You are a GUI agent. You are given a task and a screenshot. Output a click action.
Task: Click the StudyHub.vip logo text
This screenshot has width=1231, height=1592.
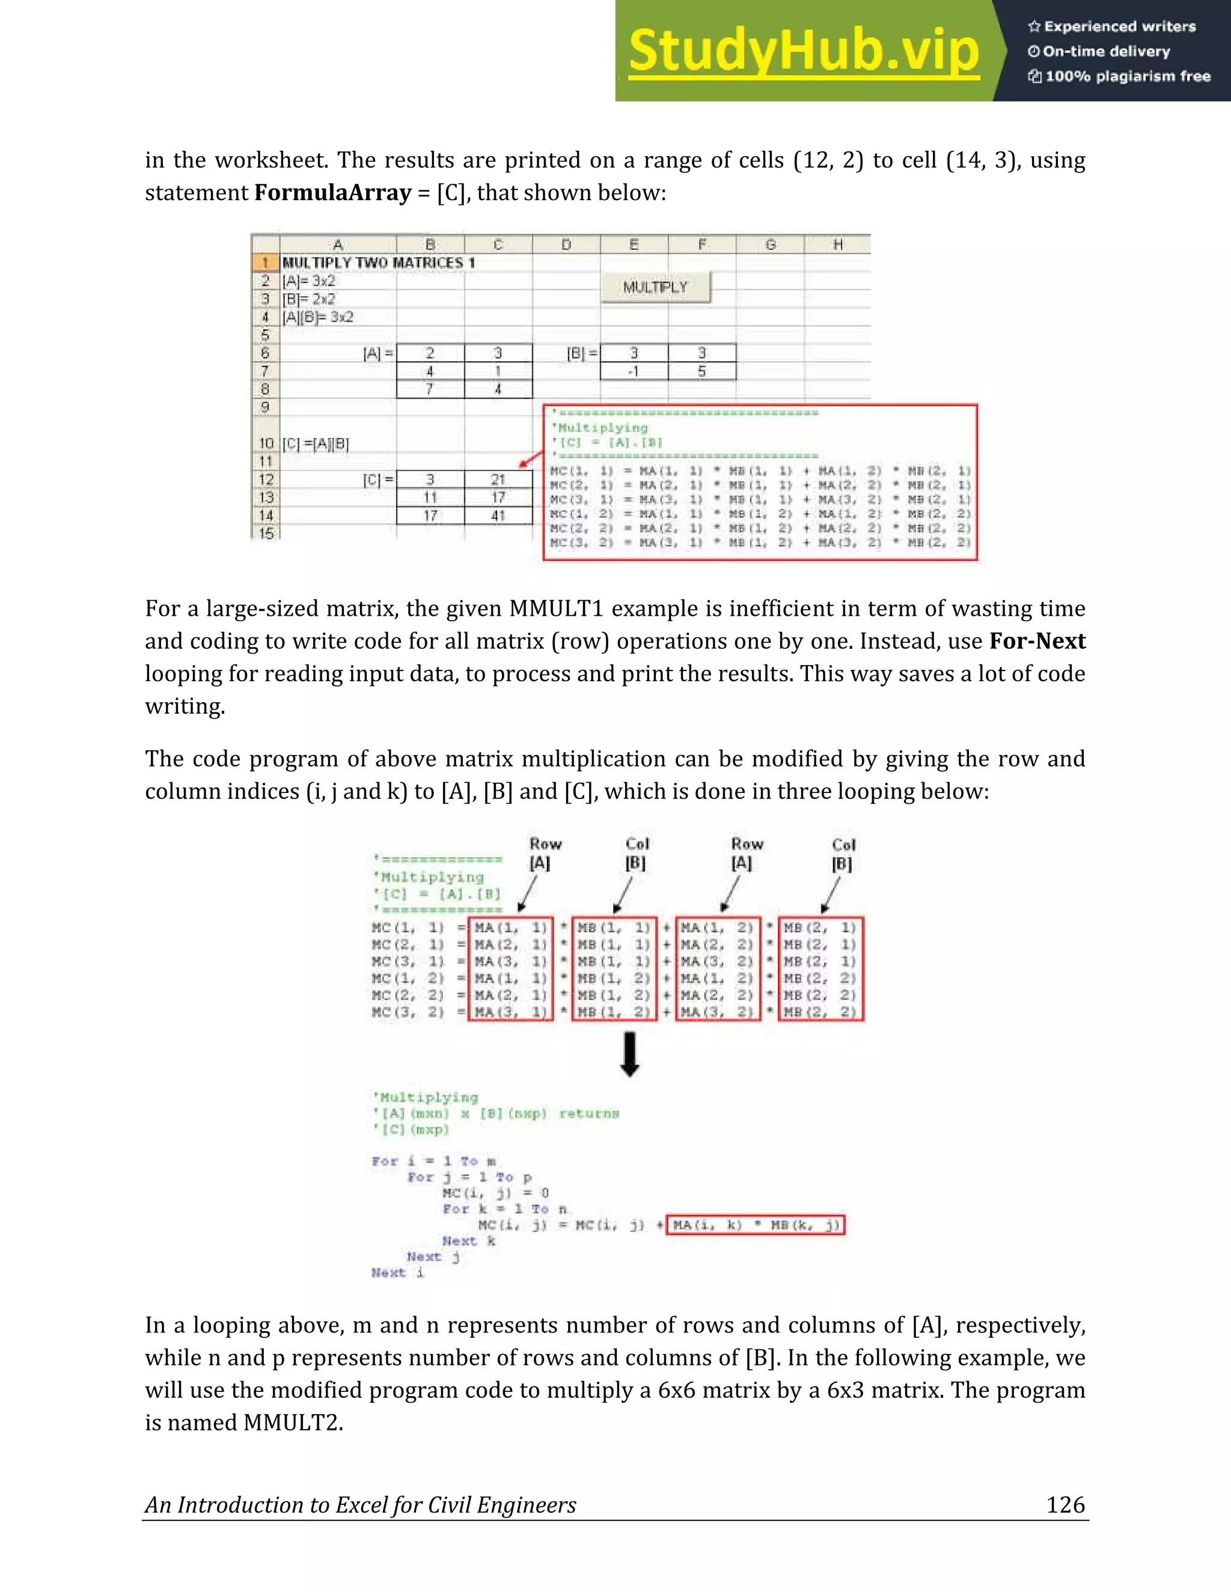[804, 51]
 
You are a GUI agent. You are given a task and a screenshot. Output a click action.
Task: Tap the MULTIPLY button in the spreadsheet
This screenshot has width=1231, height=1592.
[655, 287]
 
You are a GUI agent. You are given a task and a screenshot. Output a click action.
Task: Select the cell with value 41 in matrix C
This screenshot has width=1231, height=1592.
[498, 515]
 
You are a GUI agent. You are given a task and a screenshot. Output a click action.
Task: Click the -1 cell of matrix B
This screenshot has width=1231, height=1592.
[633, 371]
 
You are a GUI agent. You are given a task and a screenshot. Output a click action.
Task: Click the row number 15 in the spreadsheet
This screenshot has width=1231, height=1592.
[266, 533]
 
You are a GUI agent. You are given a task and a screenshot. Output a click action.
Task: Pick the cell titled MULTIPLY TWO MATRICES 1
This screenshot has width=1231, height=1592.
[379, 263]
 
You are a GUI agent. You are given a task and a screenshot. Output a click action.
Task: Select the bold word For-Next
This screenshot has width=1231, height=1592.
[1037, 641]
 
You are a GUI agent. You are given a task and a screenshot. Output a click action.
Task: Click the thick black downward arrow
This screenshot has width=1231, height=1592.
[630, 1054]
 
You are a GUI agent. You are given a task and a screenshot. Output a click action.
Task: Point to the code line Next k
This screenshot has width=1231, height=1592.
[468, 1241]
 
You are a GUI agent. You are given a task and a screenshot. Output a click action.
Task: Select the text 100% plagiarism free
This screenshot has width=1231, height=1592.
[1128, 76]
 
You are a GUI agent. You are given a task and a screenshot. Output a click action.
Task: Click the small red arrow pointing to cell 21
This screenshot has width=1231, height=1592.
[530, 458]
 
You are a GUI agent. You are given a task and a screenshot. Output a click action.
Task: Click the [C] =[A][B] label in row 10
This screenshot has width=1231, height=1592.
[316, 443]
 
